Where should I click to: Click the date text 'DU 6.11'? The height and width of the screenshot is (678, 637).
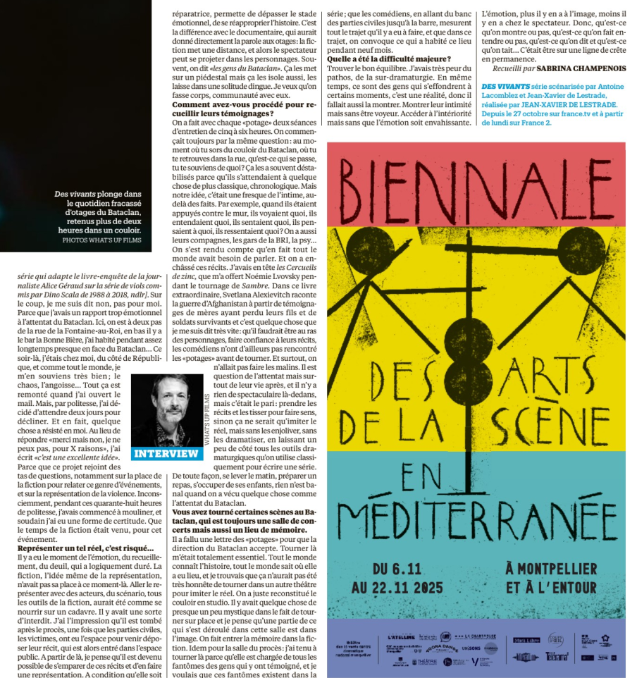pos(398,569)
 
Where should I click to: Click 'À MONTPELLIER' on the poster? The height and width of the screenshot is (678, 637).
pos(551,569)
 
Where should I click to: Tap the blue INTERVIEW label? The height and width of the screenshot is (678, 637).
pos(166,453)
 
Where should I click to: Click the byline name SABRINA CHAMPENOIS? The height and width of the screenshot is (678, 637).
pos(575,69)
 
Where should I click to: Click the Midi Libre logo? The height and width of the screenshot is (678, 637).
pos(527,640)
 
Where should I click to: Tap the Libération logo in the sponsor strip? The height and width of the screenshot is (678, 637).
pos(526,657)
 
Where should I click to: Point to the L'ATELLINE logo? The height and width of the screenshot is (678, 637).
pos(401,637)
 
